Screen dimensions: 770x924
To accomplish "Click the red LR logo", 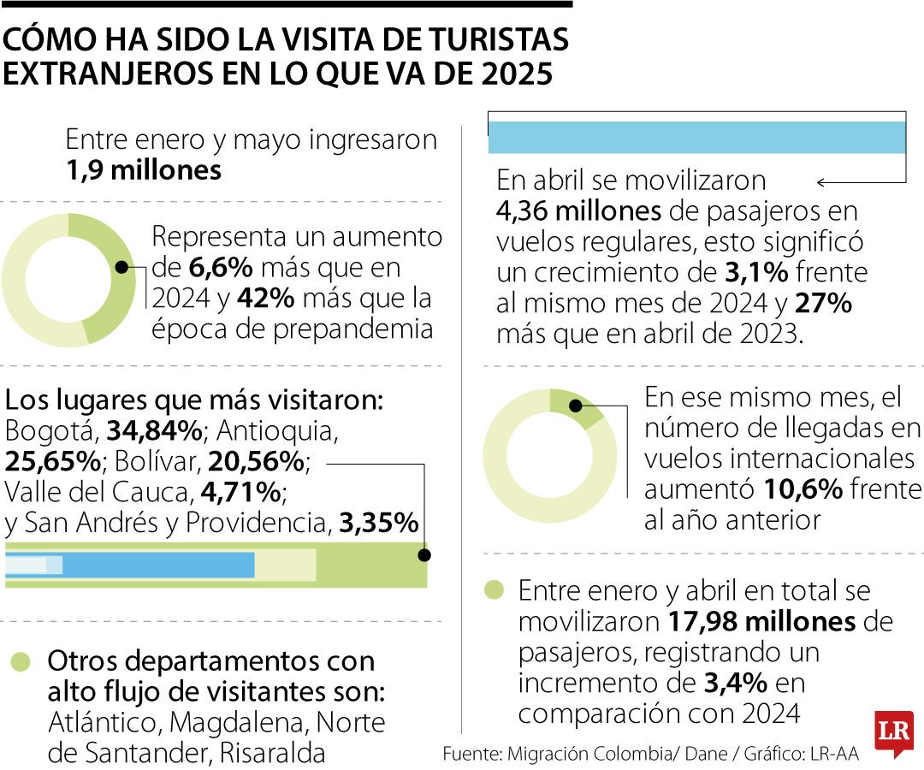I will click(x=893, y=732).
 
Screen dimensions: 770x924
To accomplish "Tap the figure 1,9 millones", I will click(x=144, y=169).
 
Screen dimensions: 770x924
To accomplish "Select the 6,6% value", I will click(x=221, y=269).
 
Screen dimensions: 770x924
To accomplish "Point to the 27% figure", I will click(x=823, y=304).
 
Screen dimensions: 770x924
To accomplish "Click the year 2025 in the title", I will click(x=515, y=73).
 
